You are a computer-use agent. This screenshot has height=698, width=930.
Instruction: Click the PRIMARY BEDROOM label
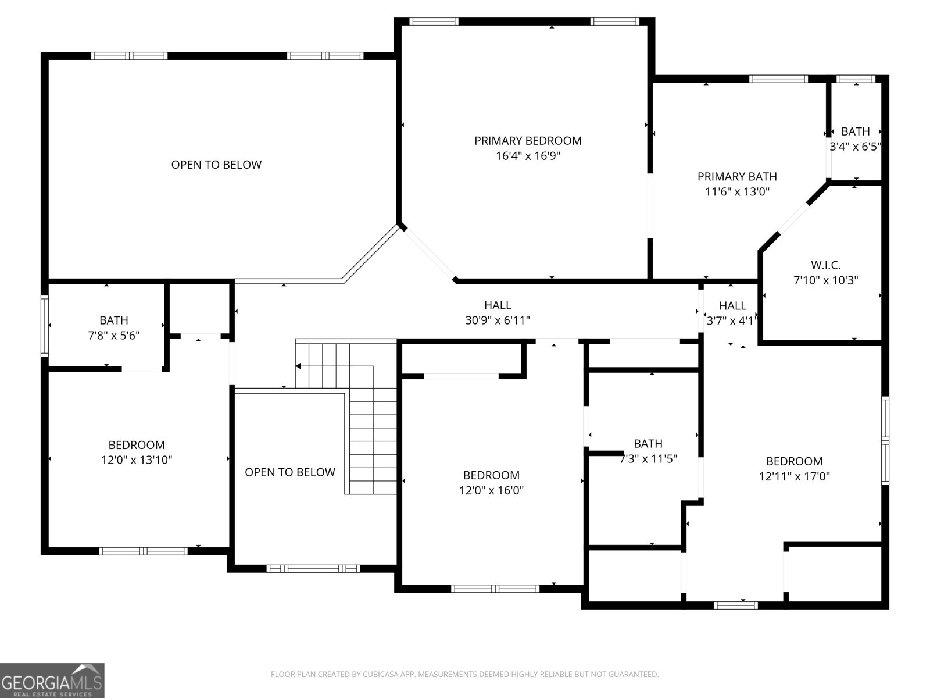click(x=528, y=141)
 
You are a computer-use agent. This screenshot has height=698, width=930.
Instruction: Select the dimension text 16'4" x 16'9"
click(x=528, y=156)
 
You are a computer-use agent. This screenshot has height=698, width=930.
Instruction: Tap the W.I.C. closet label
click(x=825, y=265)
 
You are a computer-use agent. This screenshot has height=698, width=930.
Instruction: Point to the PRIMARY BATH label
click(x=737, y=176)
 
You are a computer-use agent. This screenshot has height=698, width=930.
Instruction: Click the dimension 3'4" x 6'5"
click(x=855, y=147)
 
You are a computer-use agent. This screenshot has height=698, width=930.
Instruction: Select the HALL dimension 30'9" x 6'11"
click(x=498, y=320)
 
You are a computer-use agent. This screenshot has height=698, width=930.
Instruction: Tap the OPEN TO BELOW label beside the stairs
click(x=290, y=472)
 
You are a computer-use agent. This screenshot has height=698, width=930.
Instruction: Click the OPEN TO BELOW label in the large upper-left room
click(x=216, y=165)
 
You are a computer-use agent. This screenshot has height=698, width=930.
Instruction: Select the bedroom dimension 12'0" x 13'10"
click(x=137, y=460)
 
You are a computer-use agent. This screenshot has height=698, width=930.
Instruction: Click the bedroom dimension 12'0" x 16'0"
click(x=491, y=490)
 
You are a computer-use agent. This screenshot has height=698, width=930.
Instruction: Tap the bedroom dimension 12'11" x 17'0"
click(x=794, y=476)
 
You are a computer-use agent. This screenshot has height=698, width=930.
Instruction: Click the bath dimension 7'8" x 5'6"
click(x=114, y=336)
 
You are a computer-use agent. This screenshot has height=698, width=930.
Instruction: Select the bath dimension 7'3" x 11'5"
click(x=648, y=458)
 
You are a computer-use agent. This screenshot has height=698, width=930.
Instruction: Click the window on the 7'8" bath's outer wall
click(x=45, y=326)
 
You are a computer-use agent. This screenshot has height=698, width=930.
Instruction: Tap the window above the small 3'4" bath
click(x=856, y=79)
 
